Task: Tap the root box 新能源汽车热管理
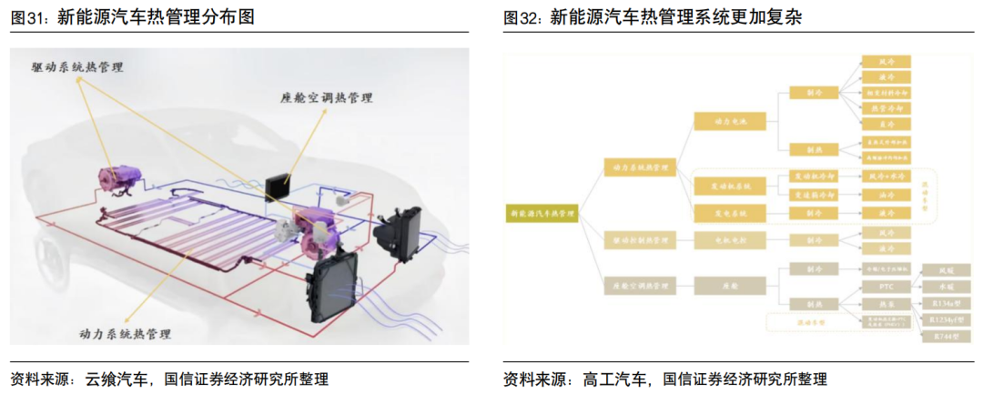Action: point(542,213)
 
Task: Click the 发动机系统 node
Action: point(730,186)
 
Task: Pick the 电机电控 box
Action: point(730,240)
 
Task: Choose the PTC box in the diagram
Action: point(886,286)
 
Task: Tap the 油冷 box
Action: point(886,194)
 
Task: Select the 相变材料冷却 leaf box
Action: point(886,93)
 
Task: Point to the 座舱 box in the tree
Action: point(730,286)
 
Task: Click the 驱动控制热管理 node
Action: point(640,240)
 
